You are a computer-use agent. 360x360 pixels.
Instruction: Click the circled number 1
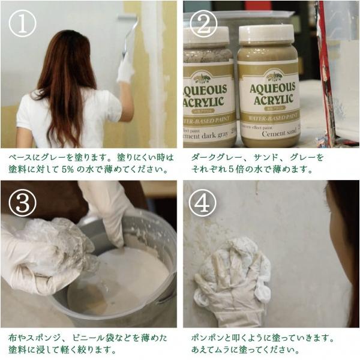click(23, 23)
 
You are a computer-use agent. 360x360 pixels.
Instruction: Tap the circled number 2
click(203, 24)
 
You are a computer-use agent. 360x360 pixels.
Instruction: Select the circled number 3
click(23, 203)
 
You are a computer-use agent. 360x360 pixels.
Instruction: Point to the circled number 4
click(203, 203)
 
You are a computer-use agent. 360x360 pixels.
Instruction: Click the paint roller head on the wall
click(127, 17)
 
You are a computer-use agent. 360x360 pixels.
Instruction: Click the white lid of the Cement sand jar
click(266, 34)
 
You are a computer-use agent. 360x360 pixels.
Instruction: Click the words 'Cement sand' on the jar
click(279, 133)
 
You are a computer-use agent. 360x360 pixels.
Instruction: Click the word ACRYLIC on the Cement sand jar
click(274, 100)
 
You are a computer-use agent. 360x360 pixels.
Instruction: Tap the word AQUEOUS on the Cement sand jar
click(272, 88)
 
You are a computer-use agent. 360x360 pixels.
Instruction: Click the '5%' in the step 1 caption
click(68, 169)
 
